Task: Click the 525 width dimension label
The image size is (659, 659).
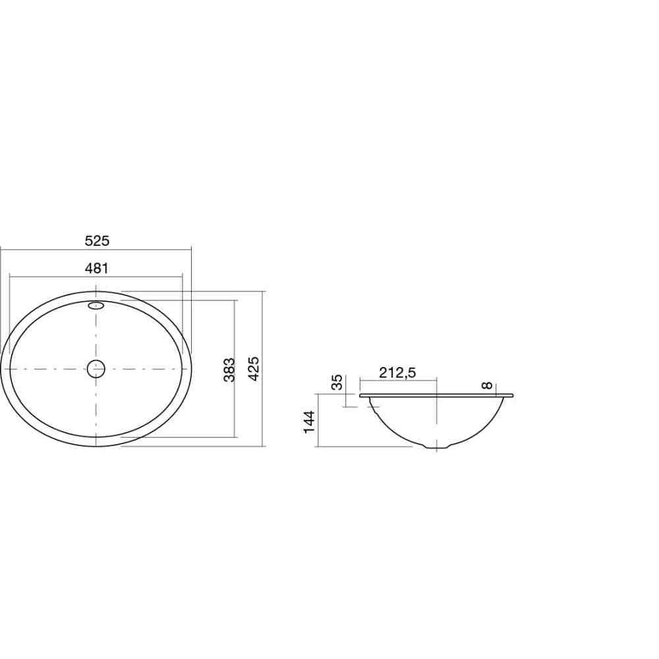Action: (x=97, y=241)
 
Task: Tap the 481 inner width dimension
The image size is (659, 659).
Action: (x=97, y=268)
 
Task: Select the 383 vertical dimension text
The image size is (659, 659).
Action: (x=229, y=370)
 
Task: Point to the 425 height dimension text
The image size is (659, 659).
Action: (x=254, y=368)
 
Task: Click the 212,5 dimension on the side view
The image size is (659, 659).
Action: (x=397, y=372)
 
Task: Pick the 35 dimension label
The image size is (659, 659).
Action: (x=337, y=382)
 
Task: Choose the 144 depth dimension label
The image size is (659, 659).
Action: (x=309, y=422)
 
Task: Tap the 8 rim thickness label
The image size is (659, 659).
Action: (x=487, y=386)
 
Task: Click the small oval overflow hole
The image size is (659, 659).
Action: (x=96, y=306)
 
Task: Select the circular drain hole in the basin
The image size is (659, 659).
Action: (x=96, y=369)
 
